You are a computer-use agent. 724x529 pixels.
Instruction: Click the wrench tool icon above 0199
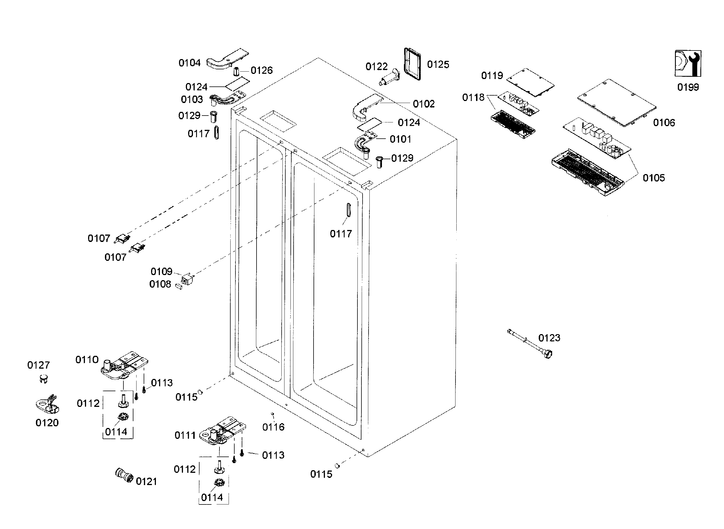pyautogui.click(x=688, y=63)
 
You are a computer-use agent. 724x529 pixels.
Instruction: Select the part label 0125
pyautogui.click(x=438, y=64)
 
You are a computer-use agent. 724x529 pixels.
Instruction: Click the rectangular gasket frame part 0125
pyautogui.click(x=412, y=64)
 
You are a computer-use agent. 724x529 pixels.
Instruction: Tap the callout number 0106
pyautogui.click(x=664, y=122)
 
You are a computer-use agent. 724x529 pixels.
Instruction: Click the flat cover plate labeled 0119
pyautogui.click(x=530, y=82)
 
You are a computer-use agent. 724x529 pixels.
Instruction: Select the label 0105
pyautogui.click(x=654, y=178)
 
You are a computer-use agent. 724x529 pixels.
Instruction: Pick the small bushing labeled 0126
pyautogui.click(x=237, y=71)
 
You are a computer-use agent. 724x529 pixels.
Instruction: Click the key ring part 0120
pyautogui.click(x=47, y=405)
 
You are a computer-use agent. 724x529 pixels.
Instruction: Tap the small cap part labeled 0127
pyautogui.click(x=44, y=379)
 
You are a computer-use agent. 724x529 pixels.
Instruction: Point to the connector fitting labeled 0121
pyautogui.click(x=124, y=475)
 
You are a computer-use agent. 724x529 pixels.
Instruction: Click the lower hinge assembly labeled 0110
pyautogui.click(x=123, y=366)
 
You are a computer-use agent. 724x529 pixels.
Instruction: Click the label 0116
pyautogui.click(x=273, y=427)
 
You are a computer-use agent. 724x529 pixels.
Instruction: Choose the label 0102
pyautogui.click(x=424, y=104)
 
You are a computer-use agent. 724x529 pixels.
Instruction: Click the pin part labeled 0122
pyautogui.click(x=389, y=78)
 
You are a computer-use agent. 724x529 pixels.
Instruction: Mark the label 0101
pyautogui.click(x=400, y=139)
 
